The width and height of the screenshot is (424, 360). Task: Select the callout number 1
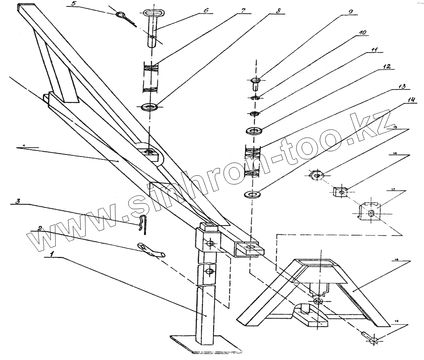51,254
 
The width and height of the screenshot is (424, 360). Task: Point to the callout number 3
17,201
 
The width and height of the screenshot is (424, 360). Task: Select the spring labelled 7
151,78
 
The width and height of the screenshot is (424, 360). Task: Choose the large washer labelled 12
254,130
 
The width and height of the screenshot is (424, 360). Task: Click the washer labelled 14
252,195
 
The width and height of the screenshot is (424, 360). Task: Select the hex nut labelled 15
317,175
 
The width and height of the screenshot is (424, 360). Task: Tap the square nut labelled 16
341,192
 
